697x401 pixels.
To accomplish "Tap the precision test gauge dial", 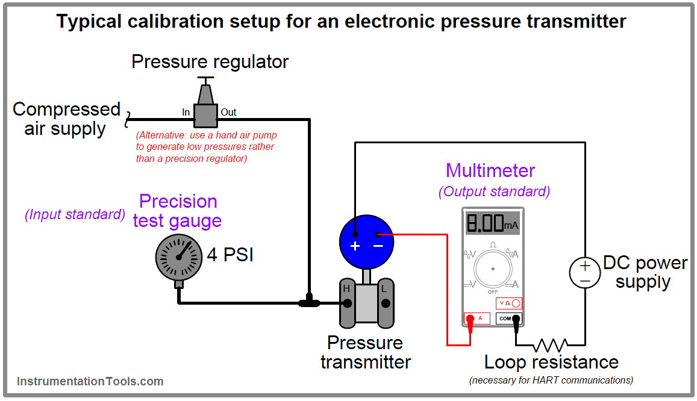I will pyautogui.click(x=178, y=256).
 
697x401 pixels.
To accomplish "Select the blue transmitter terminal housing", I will pyautogui.click(x=366, y=241).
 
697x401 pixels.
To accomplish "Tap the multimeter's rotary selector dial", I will pyautogui.click(x=493, y=268).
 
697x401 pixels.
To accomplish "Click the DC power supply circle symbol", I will pyautogui.click(x=585, y=273).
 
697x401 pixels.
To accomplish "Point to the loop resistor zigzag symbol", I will pyautogui.click(x=550, y=345).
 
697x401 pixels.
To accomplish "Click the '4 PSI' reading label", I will pyautogui.click(x=230, y=255).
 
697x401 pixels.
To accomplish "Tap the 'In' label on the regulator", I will pyautogui.click(x=186, y=112).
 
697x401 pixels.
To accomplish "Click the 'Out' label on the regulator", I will pyautogui.click(x=228, y=112).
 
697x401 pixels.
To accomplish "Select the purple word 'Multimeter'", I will pyautogui.click(x=490, y=170).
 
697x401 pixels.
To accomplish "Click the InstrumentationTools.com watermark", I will pyautogui.click(x=90, y=381).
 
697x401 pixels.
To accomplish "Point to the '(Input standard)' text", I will pyautogui.click(x=75, y=215).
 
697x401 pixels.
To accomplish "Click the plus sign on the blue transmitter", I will pyautogui.click(x=355, y=246).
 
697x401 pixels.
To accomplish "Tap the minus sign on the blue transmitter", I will pyautogui.click(x=378, y=246).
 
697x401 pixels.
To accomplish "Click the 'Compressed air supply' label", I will pyautogui.click(x=66, y=119).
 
